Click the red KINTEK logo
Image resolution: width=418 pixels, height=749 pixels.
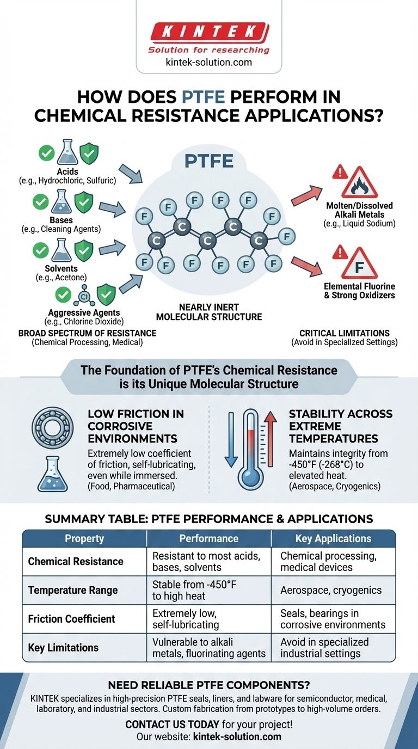(x=209, y=32)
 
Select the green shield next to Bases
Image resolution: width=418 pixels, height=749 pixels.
(x=84, y=202)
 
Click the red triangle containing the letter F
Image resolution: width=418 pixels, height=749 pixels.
(x=359, y=263)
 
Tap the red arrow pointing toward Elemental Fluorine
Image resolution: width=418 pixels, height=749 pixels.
(x=308, y=263)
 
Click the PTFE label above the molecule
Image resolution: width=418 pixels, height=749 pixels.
(x=210, y=161)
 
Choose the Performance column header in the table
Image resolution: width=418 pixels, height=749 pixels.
(x=209, y=538)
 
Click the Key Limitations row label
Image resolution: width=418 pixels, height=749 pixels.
(x=63, y=648)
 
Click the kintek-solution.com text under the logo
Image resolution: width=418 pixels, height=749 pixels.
(x=208, y=62)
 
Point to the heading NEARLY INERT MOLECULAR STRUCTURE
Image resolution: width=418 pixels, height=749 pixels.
(x=209, y=312)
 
